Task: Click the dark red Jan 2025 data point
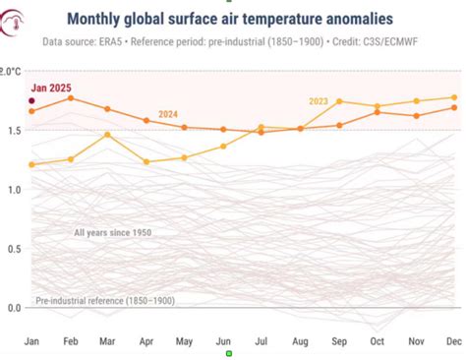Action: [x=31, y=101]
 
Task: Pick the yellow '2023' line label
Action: [x=319, y=100]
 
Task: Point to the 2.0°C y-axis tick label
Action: [x=11, y=72]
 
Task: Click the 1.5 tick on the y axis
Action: [x=11, y=131]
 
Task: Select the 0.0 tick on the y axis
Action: [x=11, y=308]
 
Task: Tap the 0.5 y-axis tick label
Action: [x=11, y=249]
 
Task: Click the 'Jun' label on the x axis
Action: [x=222, y=340]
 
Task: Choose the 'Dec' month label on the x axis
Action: [x=453, y=340]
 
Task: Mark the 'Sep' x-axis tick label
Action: [x=338, y=340]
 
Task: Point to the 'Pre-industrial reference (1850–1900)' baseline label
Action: [x=104, y=300]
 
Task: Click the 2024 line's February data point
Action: [x=70, y=97]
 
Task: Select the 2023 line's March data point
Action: [x=108, y=135]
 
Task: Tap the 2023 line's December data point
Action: [x=453, y=97]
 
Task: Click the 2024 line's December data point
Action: [x=453, y=107]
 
